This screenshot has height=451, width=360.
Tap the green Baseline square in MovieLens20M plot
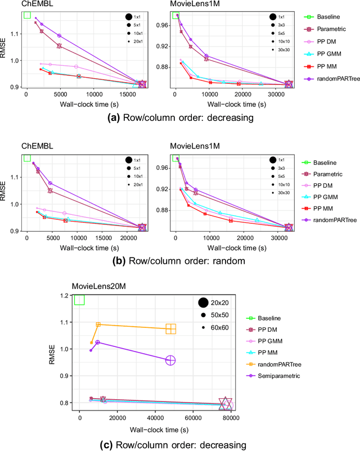pyautogui.click(x=79, y=299)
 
